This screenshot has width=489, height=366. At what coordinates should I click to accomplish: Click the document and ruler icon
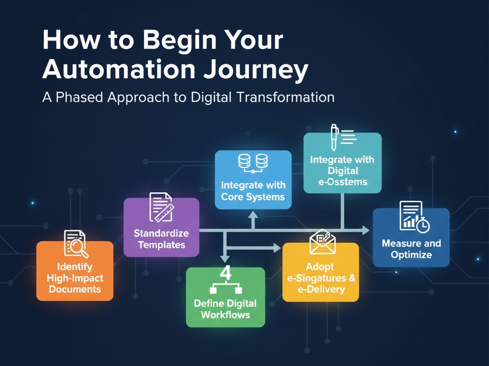[x=161, y=207]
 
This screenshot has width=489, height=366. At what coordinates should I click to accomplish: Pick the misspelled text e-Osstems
[x=343, y=182]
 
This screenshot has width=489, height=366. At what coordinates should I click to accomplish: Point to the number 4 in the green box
[x=225, y=273]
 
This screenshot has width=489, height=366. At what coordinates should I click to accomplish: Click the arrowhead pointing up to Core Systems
[x=253, y=216]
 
